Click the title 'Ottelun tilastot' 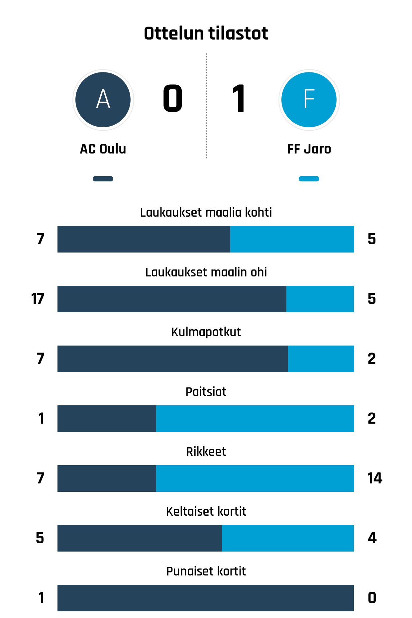coord(206,33)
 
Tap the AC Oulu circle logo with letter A coord(103,100)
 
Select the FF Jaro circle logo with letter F coord(309,100)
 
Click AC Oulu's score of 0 coord(172,99)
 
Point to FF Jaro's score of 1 coord(239,99)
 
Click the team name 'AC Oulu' coord(103,149)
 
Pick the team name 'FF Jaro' coord(309,149)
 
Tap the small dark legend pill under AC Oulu coord(103,179)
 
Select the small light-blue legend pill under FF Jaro coord(309,179)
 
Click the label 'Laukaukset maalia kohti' coord(206,212)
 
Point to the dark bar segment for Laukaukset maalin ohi coord(172,299)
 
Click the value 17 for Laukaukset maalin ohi coord(38,299)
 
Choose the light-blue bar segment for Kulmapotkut coord(321,359)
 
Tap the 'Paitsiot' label coord(206,392)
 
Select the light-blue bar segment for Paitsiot coord(255,419)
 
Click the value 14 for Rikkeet coord(374,478)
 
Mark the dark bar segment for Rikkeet coord(107,478)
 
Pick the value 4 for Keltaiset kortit coord(372,538)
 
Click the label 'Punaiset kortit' coord(206,571)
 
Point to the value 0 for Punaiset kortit coord(372,598)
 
